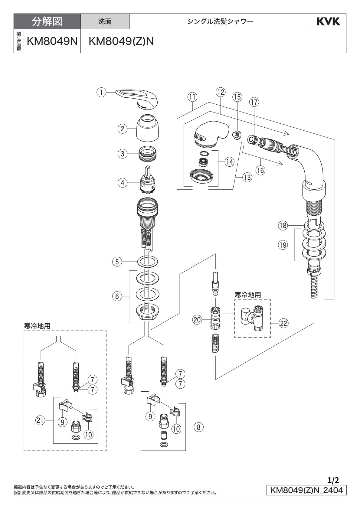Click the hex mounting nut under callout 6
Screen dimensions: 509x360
tap(148, 310)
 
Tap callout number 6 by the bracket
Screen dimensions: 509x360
tap(117, 296)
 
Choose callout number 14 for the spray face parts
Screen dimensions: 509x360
tap(230, 162)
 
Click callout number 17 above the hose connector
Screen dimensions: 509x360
tap(254, 103)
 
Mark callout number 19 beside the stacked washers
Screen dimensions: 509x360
tap(283, 245)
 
